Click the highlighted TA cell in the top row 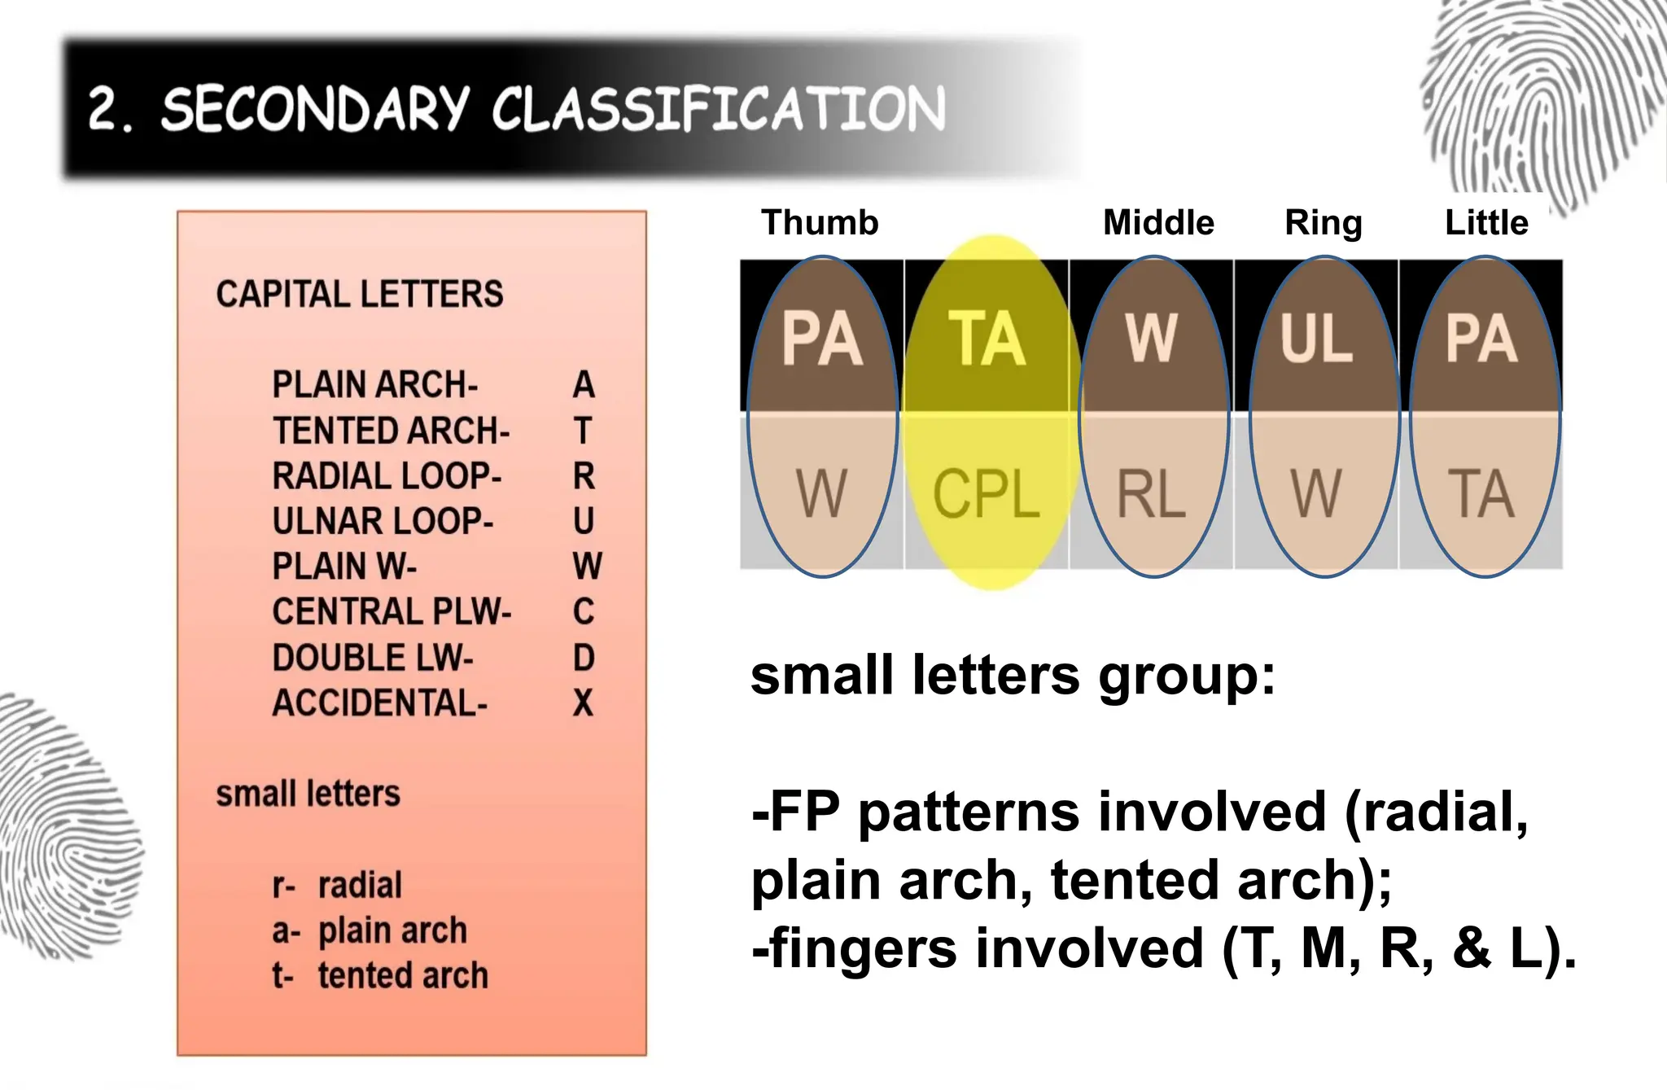pos(987,338)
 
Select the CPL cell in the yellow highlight pos(987,493)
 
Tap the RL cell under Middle pos(1151,493)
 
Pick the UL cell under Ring pos(1316,338)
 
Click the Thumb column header pos(820,222)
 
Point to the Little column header pos(1486,222)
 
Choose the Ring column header pos(1324,222)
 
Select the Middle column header pos(1158,222)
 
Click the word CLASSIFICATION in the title pos(718,109)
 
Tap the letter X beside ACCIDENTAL pos(583,703)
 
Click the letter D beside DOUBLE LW pos(583,657)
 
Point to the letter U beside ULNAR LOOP pos(583,521)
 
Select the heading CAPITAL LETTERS pos(360,294)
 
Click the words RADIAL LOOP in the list pos(387,475)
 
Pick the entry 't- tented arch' pos(380,975)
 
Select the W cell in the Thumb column pos(822,493)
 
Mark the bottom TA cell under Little pos(1481,493)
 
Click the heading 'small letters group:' pos(1013,676)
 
